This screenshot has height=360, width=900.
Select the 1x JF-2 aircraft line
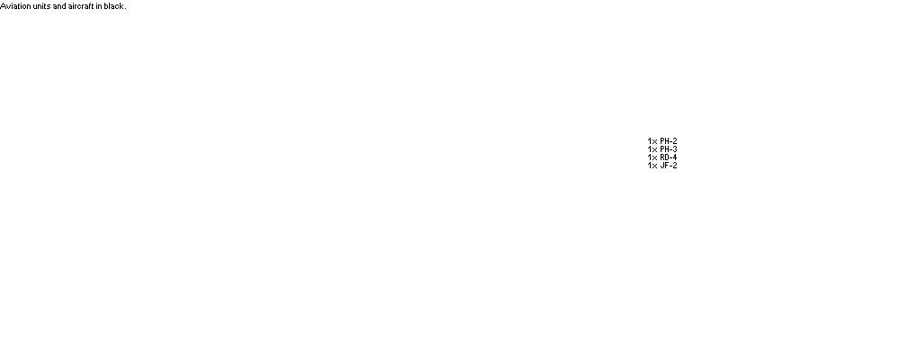(662, 166)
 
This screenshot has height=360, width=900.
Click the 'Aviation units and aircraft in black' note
(63, 6)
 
